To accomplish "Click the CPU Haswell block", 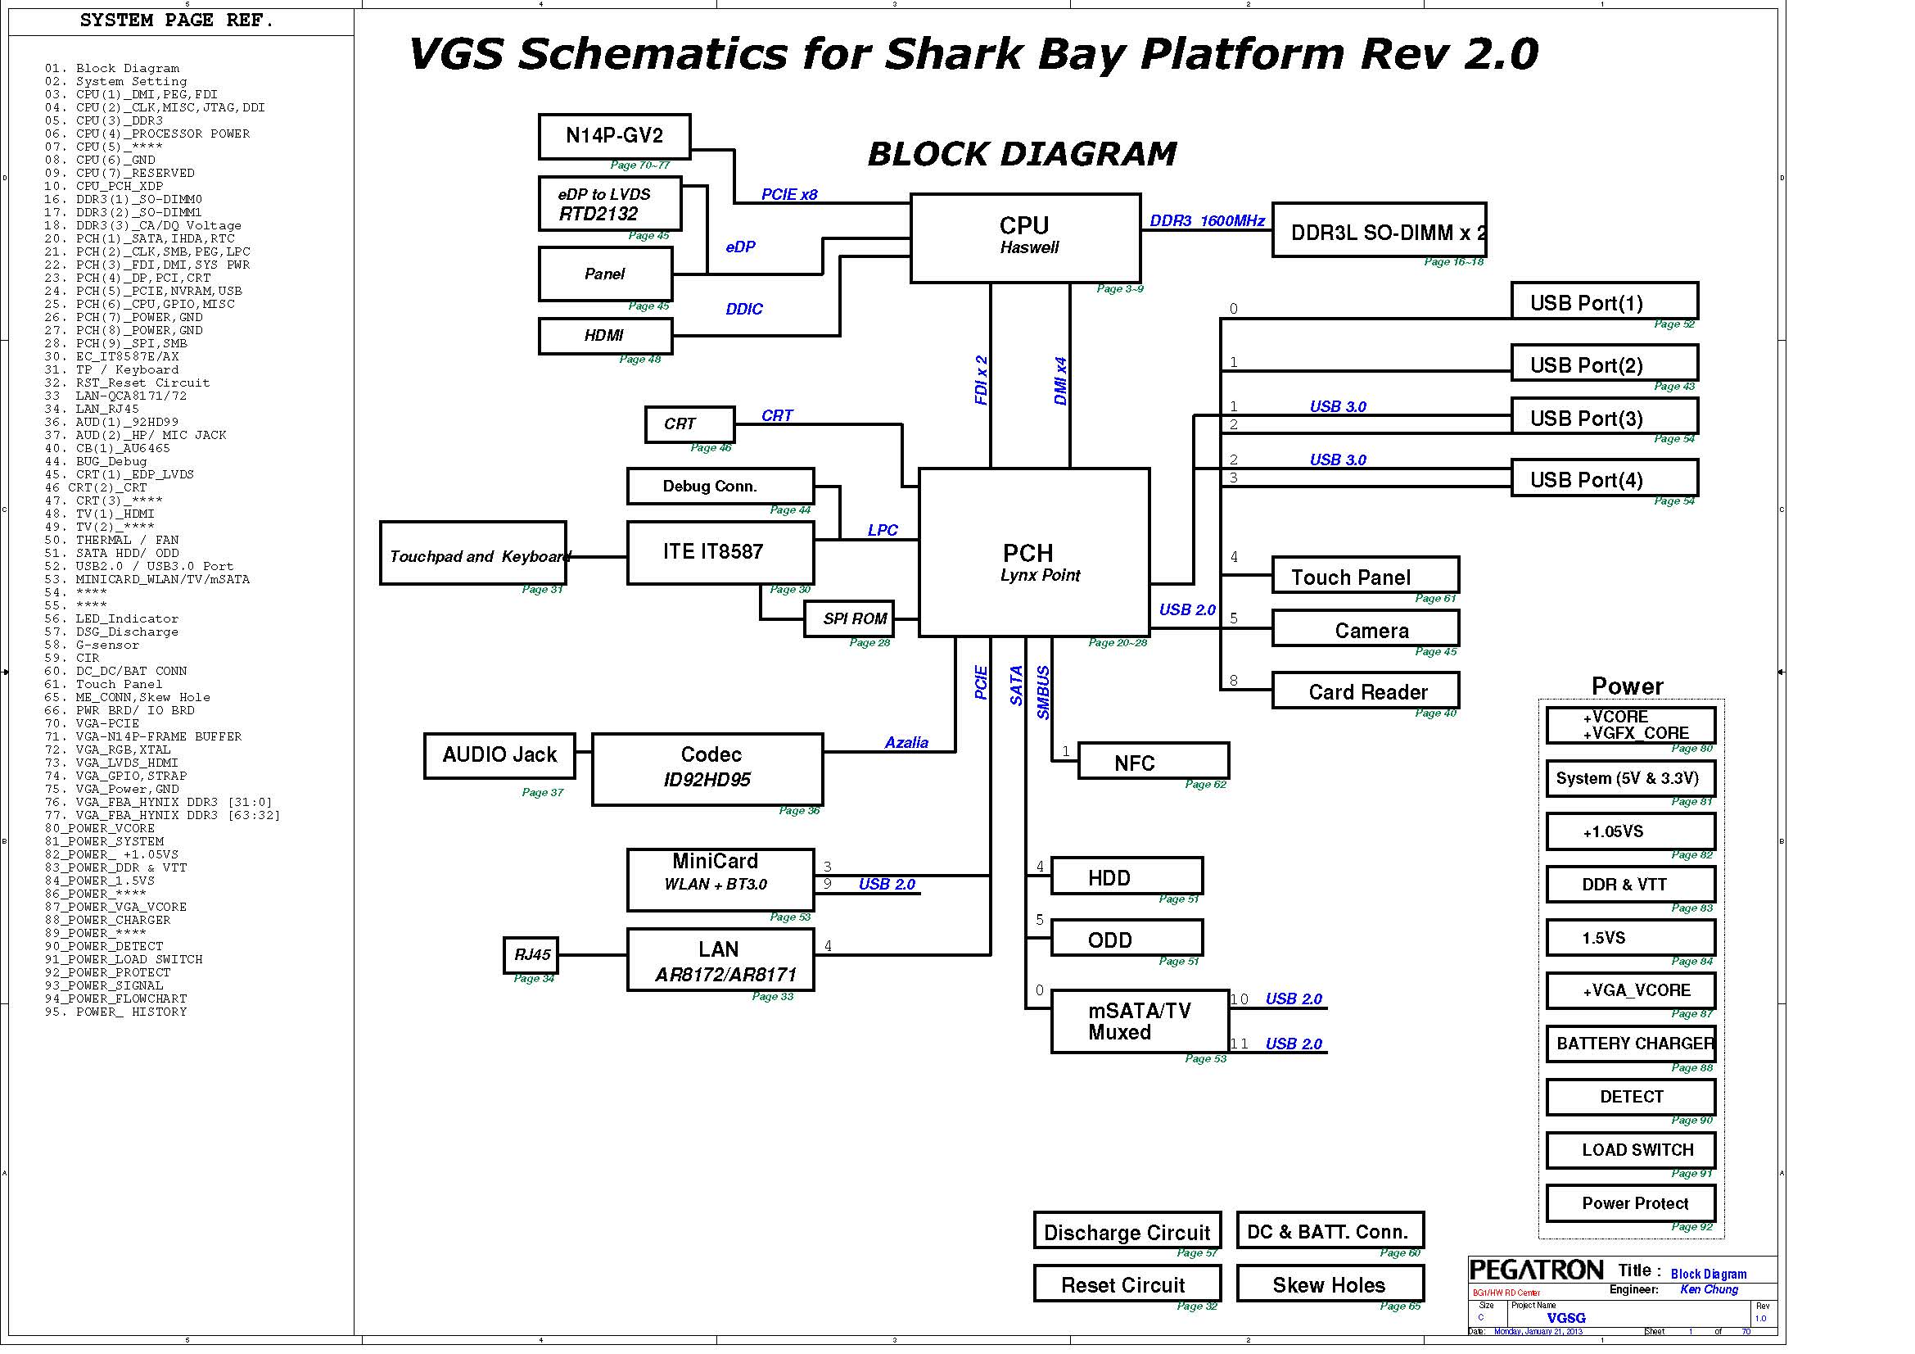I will [x=1025, y=238].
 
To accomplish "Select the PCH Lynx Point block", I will [x=1033, y=552].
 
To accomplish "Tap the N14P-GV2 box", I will [x=614, y=136].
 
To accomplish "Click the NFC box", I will [x=1153, y=761].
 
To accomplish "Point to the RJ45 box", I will [x=531, y=954].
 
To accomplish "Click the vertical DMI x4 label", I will [x=1060, y=381].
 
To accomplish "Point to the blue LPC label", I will [x=883, y=530].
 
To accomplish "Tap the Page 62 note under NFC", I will [x=1205, y=784].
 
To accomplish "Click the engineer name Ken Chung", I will [x=1709, y=1290].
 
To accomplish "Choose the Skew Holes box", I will [x=1330, y=1284].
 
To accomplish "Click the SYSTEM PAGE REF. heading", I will [x=177, y=20].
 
